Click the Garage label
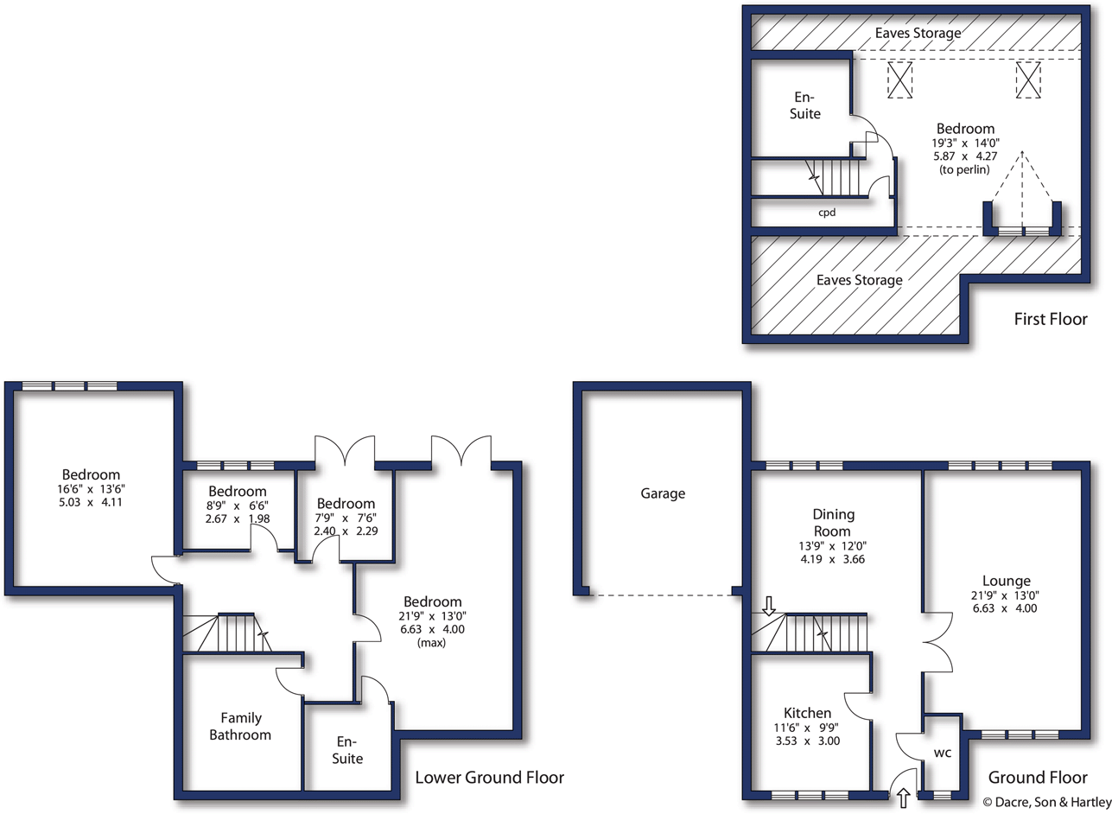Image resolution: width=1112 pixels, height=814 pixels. click(663, 494)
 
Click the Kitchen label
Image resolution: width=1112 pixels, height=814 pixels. click(804, 713)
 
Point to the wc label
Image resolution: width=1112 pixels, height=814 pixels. click(942, 753)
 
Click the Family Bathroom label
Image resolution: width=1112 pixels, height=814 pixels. click(245, 727)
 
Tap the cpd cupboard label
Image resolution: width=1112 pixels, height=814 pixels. click(827, 211)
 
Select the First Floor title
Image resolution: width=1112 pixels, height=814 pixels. click(1050, 321)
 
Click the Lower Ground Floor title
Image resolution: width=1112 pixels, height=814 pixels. click(490, 778)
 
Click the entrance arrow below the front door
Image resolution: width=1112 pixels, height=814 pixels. click(904, 798)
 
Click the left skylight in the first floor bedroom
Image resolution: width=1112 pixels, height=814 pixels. click(900, 81)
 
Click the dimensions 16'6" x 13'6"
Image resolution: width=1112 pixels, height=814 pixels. click(91, 488)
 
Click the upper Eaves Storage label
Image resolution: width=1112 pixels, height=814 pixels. click(918, 34)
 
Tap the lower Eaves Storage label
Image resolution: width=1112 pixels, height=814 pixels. click(860, 280)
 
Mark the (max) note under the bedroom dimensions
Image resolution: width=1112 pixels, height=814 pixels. click(431, 643)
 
